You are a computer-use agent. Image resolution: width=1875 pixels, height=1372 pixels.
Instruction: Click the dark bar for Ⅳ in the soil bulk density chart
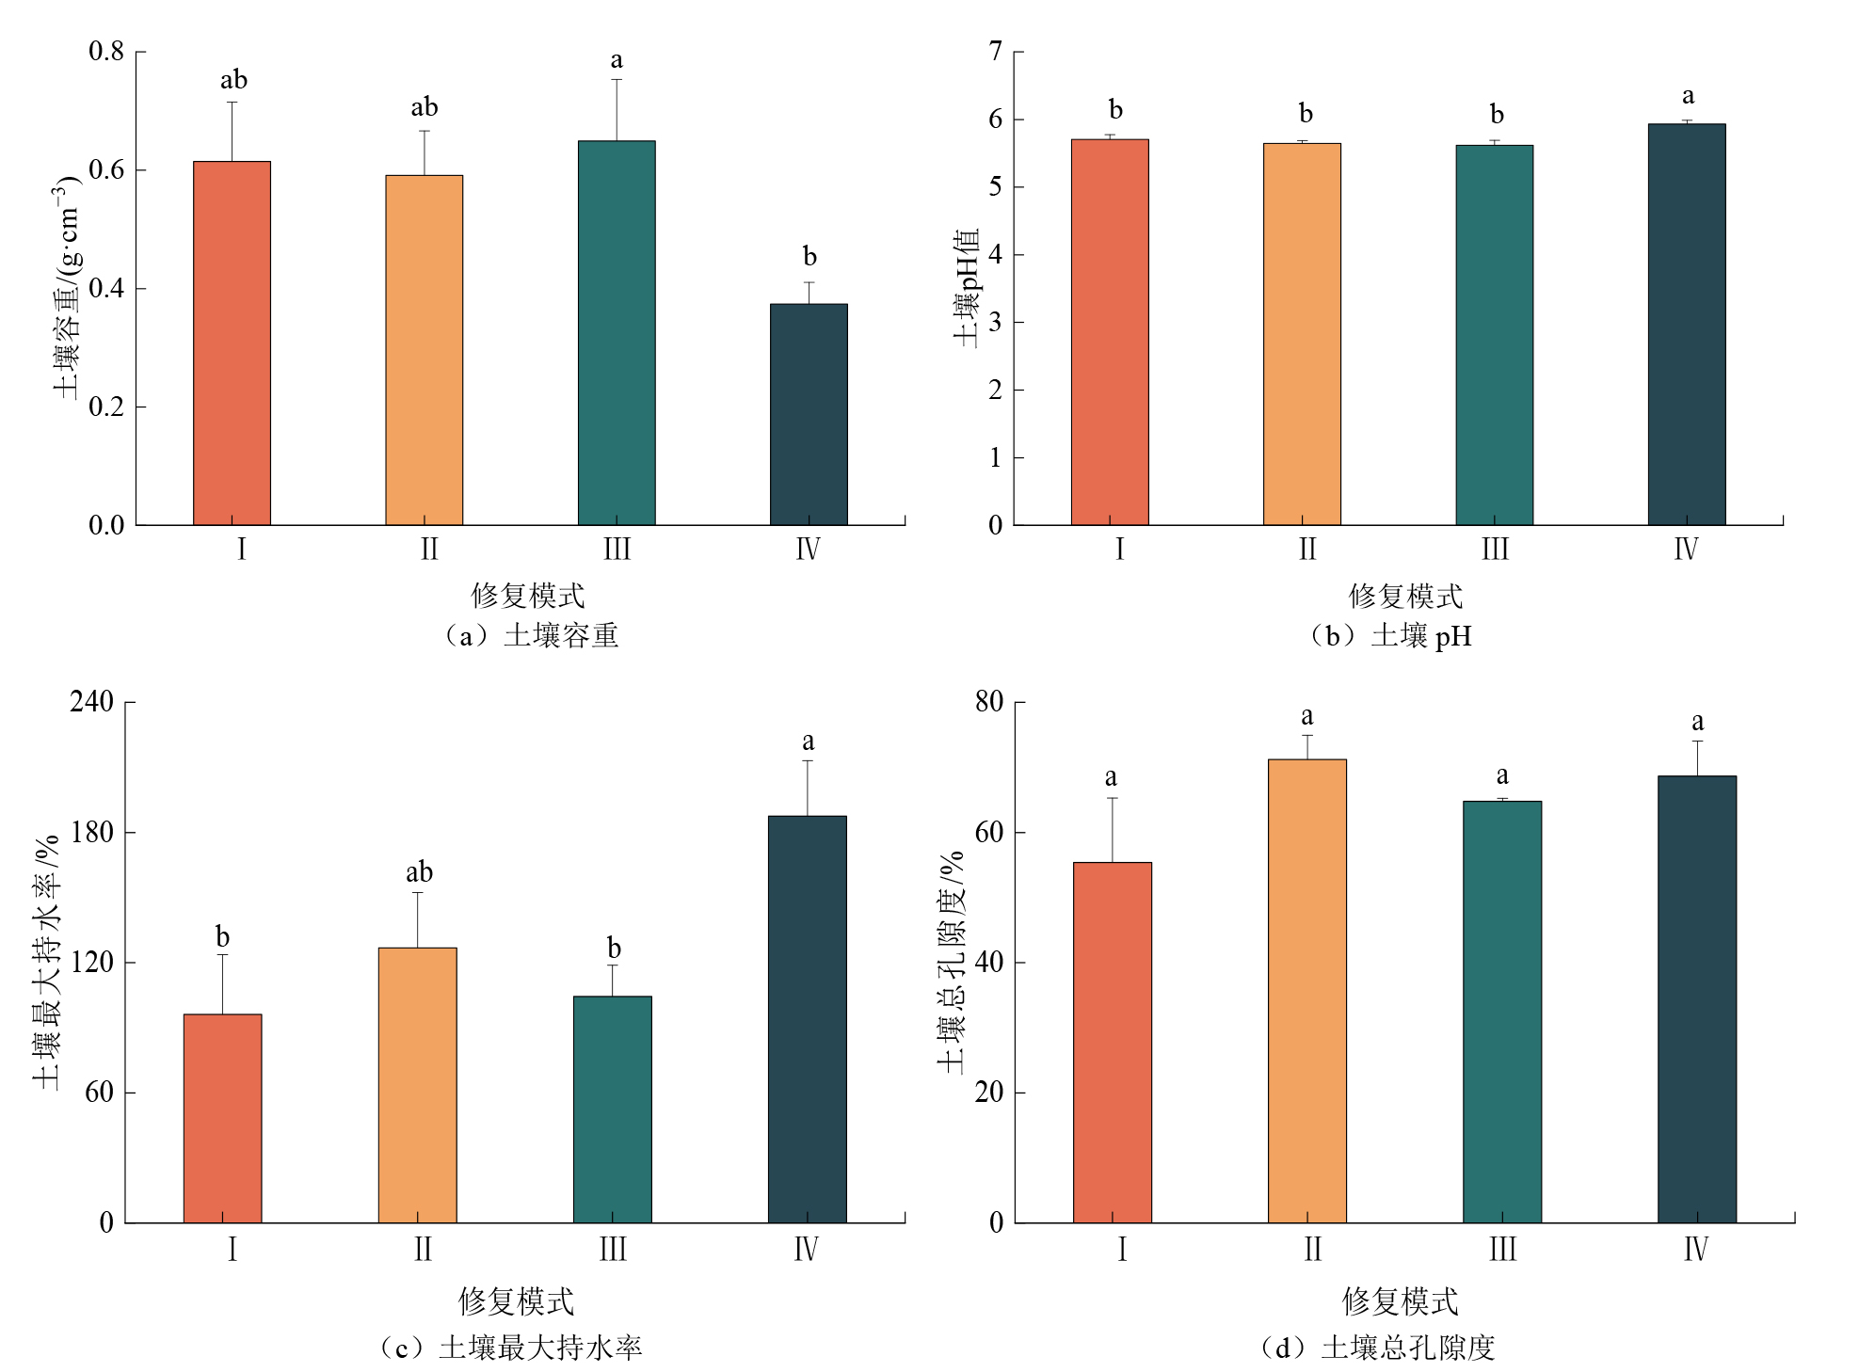(809, 414)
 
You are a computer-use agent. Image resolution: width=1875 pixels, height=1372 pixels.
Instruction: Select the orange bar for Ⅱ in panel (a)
(424, 350)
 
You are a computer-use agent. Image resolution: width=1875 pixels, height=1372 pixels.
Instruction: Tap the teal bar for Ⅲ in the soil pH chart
(1494, 335)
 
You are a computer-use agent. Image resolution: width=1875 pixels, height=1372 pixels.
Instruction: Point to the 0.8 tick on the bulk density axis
(106, 51)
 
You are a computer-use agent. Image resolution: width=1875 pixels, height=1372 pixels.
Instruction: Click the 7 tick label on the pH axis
(996, 51)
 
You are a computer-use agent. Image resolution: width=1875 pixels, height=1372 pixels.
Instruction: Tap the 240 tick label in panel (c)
(91, 701)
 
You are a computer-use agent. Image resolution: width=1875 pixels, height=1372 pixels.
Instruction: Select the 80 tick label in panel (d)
(989, 701)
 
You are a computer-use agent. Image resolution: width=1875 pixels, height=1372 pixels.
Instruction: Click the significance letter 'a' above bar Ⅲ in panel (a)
(617, 60)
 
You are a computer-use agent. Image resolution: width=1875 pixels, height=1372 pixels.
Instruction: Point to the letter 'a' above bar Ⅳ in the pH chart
(1688, 96)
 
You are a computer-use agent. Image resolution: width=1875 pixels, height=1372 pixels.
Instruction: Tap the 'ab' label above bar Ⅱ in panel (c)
(419, 871)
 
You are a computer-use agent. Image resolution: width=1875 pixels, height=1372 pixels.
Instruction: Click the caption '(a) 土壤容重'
(530, 636)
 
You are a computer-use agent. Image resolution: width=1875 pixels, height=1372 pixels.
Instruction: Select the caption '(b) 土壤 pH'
(1389, 636)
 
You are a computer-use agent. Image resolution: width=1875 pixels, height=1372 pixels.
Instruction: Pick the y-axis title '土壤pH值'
(967, 287)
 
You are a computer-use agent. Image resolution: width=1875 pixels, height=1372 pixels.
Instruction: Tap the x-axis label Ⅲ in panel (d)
(1502, 1250)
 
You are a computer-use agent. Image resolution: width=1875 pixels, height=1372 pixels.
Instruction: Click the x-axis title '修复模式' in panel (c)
(516, 1301)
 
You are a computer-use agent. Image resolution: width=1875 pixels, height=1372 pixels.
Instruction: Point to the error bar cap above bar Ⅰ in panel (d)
(1112, 798)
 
